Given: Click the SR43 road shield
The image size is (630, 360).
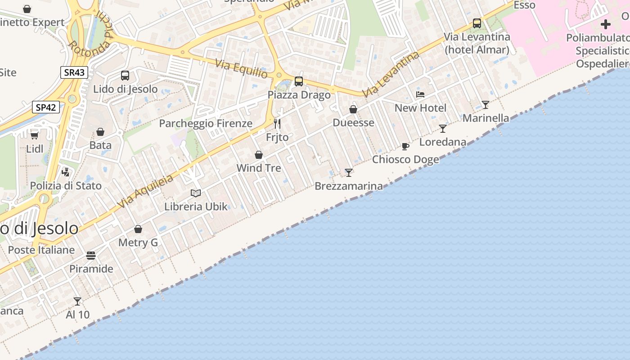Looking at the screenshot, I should pyautogui.click(x=74, y=72).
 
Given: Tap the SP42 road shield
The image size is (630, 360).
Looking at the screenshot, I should pyautogui.click(x=46, y=107).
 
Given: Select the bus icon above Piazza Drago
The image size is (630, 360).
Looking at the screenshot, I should pyautogui.click(x=299, y=81).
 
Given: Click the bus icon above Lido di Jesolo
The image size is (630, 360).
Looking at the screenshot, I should pyautogui.click(x=125, y=76).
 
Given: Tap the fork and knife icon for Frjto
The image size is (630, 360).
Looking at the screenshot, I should pyautogui.click(x=277, y=123).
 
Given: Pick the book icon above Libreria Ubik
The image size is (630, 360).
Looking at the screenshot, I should pyautogui.click(x=196, y=193).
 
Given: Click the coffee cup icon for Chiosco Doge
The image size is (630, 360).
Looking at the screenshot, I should pyautogui.click(x=405, y=146).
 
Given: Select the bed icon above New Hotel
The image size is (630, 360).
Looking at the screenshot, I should pyautogui.click(x=420, y=94).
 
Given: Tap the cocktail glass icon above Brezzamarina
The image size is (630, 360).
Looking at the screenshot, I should pyautogui.click(x=349, y=172).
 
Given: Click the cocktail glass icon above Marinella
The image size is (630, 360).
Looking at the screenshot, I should pyautogui.click(x=486, y=105).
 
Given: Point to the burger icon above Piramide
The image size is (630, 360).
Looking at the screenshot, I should pyautogui.click(x=91, y=256).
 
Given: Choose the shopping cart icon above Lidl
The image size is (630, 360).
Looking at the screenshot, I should pyautogui.click(x=34, y=135).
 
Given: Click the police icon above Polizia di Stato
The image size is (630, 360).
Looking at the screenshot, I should pyautogui.click(x=66, y=172).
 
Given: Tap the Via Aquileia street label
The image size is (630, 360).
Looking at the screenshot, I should pyautogui.click(x=145, y=192).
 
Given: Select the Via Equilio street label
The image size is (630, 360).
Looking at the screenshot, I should pyautogui.click(x=241, y=68).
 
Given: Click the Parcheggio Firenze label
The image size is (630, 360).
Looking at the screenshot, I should pyautogui.click(x=206, y=123).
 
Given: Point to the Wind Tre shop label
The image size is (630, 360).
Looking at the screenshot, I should pyautogui.click(x=259, y=168).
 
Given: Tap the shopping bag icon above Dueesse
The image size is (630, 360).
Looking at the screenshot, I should pyautogui.click(x=353, y=109).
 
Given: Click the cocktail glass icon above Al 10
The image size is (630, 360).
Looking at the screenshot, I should pyautogui.click(x=77, y=301).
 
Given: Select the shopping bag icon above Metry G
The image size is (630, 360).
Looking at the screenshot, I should pyautogui.click(x=138, y=229).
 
